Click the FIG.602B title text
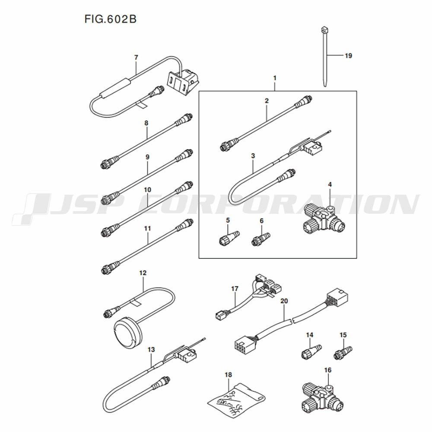tap(111, 19)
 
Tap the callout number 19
tap(349, 56)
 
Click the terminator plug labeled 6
tap(260, 239)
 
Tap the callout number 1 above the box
tap(274, 78)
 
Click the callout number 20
tap(284, 301)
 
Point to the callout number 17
tap(235, 289)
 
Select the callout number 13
tap(151, 349)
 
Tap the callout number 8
tap(146, 123)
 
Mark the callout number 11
tap(148, 229)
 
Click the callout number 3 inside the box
tap(253, 156)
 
